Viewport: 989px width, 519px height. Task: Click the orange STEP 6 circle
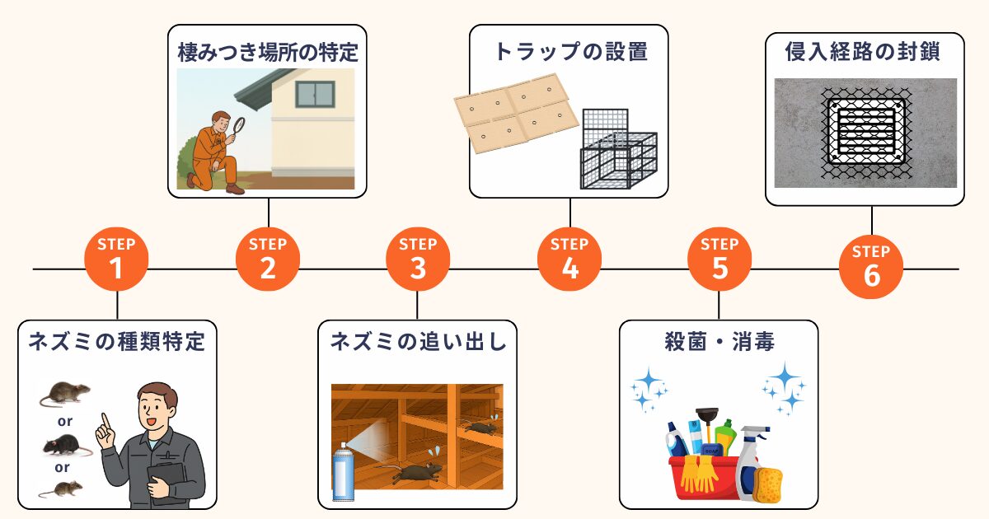pyautogui.click(x=871, y=269)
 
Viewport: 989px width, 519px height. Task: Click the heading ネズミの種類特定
pyautogui.click(x=116, y=342)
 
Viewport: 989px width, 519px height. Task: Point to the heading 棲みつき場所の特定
pyautogui.click(x=268, y=53)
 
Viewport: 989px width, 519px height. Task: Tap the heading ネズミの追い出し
pyautogui.click(x=418, y=342)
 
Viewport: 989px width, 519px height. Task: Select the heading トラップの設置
pyautogui.click(x=569, y=53)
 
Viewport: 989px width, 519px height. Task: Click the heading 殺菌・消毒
pyautogui.click(x=719, y=342)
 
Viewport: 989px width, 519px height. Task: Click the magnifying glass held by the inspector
pyautogui.click(x=239, y=125)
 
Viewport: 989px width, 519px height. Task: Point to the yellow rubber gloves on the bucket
pyautogui.click(x=699, y=474)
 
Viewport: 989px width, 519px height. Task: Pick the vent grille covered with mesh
pyautogui.click(x=865, y=133)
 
